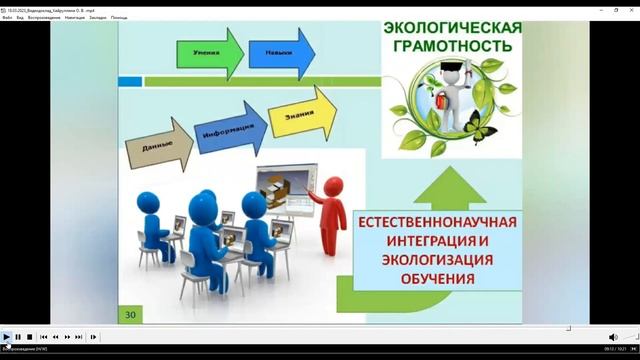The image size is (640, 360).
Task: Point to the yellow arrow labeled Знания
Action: [x=297, y=112]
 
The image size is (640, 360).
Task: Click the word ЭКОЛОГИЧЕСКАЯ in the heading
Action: [x=453, y=27]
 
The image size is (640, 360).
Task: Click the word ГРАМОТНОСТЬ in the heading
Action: [x=453, y=46]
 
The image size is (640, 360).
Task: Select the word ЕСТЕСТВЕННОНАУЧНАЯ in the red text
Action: [x=434, y=221]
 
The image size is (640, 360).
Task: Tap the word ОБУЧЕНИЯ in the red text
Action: [x=434, y=279]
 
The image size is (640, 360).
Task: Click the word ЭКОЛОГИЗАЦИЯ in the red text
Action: [x=434, y=260]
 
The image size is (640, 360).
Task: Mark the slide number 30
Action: [x=129, y=314]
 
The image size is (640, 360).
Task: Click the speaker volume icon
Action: [x=613, y=337]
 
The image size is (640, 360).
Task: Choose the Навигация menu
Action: [x=74, y=17]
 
